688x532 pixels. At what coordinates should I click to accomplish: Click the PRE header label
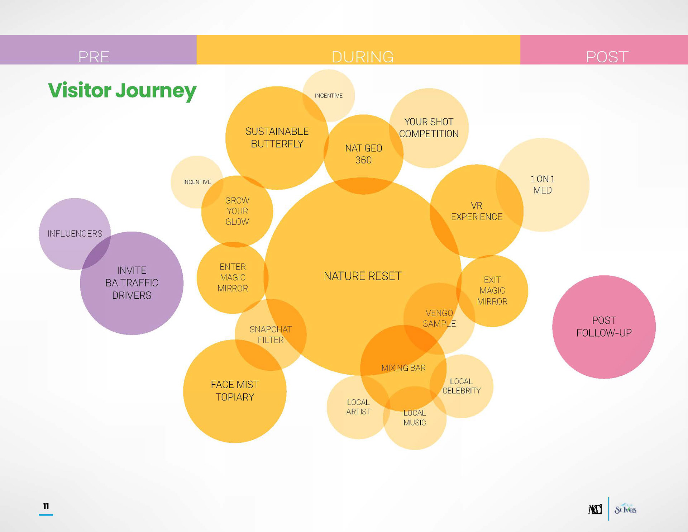(94, 57)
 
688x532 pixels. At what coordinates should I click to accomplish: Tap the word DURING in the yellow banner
(362, 57)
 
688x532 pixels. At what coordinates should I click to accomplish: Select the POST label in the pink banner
(607, 57)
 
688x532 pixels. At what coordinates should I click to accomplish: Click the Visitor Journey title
(122, 90)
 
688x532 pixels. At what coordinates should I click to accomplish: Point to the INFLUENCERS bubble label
(75, 234)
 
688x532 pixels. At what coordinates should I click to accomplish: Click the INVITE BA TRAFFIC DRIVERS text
(132, 283)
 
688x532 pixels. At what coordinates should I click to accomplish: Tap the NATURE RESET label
(363, 276)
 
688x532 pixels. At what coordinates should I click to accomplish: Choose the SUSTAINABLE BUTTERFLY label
(277, 138)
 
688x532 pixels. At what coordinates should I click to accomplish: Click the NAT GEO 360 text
(363, 154)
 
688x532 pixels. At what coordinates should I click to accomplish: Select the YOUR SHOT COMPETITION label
(429, 128)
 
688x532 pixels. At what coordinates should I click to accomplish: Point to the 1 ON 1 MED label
(543, 185)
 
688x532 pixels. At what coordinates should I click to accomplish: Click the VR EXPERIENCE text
(477, 211)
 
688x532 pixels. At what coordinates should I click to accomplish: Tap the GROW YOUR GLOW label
(237, 211)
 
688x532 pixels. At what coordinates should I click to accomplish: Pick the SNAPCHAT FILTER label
(271, 334)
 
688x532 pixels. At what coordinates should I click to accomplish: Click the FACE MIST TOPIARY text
(235, 391)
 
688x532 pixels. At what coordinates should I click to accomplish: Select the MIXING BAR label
(403, 368)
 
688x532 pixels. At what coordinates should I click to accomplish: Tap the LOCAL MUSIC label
(415, 418)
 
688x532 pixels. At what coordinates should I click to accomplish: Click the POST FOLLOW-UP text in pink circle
(604, 327)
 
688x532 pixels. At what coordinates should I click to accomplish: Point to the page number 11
(46, 506)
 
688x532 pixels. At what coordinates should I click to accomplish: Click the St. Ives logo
(625, 509)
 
